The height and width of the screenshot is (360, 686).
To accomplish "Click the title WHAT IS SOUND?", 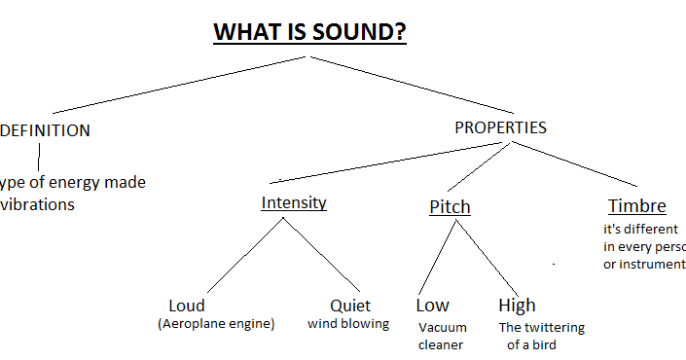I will [309, 32].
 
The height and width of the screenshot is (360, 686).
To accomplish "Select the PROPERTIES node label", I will [500, 127].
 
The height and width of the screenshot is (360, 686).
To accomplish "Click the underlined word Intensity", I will [294, 203].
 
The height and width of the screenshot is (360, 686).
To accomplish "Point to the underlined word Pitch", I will [450, 207].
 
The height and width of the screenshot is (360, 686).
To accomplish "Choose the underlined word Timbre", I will [636, 206].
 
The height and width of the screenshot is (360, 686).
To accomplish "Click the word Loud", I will [187, 306].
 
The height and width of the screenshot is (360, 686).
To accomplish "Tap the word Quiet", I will [349, 306].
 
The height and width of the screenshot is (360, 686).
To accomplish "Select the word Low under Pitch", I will [432, 306].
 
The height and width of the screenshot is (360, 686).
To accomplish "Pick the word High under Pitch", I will [517, 306].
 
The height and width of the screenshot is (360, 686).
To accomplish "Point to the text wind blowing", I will [348, 324].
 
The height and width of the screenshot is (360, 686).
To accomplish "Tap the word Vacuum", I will [442, 328].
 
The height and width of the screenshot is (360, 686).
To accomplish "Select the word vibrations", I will [39, 205].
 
